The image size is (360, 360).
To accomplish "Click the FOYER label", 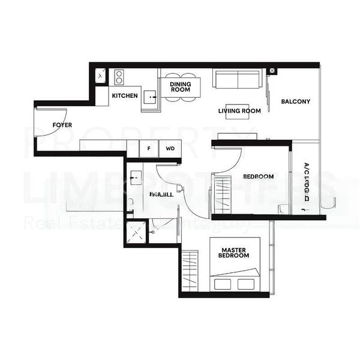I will (62, 125).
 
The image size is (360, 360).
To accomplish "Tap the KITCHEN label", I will (125, 96).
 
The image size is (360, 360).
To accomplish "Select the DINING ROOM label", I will (179, 86).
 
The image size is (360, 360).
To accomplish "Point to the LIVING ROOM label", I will (239, 111).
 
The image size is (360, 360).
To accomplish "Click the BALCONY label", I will (296, 101).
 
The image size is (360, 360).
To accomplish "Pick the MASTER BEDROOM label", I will (235, 253).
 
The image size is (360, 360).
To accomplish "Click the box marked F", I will (148, 148).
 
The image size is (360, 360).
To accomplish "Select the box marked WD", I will (170, 148).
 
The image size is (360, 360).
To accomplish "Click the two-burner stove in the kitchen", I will (119, 77).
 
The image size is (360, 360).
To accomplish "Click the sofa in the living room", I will (238, 80).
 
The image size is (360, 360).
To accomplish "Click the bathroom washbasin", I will (134, 178).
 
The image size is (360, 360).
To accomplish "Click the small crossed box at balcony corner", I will (272, 71).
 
